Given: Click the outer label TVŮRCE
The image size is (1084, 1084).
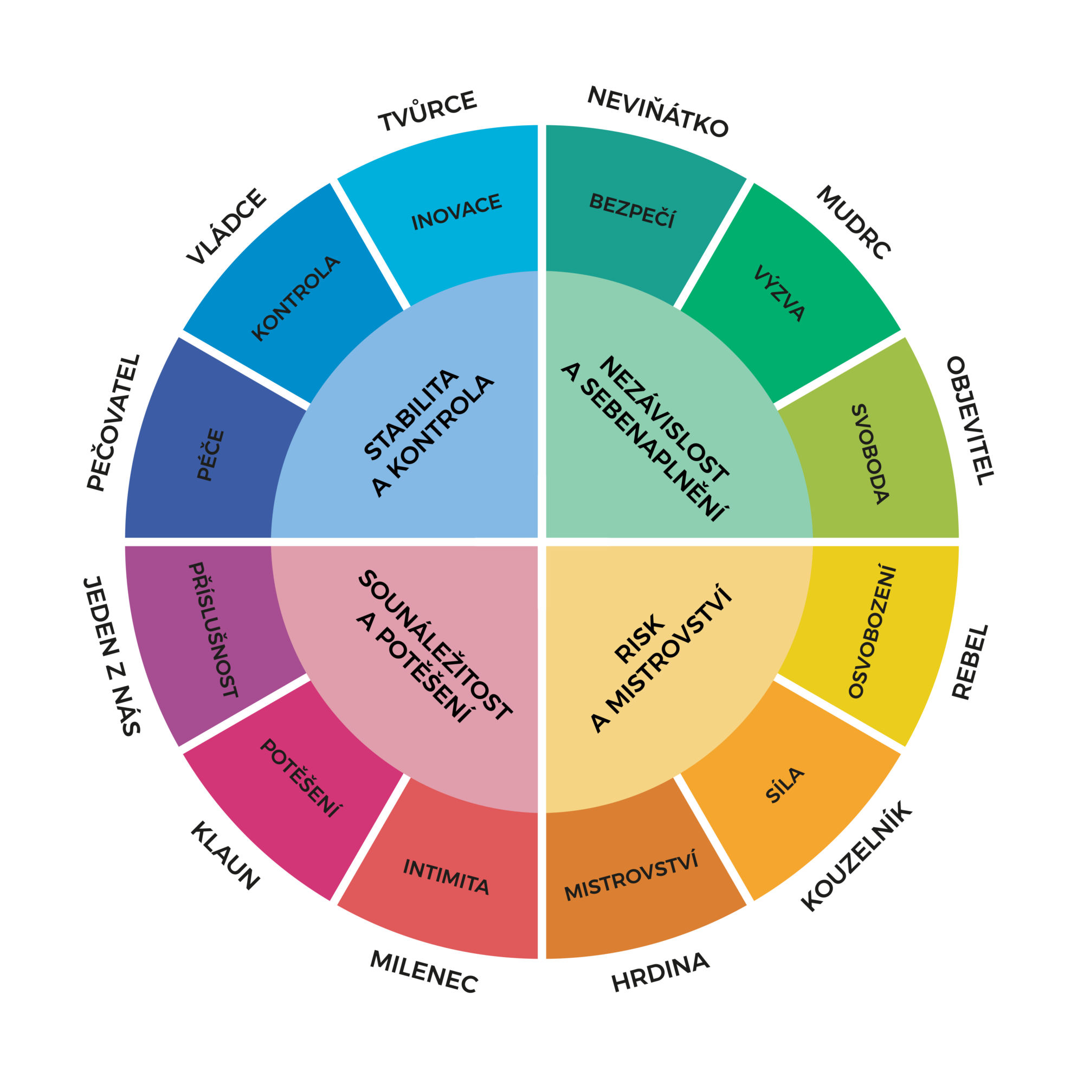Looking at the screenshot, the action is click(x=428, y=111).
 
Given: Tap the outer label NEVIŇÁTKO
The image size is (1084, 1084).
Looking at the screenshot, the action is click(x=657, y=112).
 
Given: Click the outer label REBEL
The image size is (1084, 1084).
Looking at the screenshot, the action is click(x=970, y=662).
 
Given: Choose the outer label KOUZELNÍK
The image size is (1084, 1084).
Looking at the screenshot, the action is click(x=857, y=857).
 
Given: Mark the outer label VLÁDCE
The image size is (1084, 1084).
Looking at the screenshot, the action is click(x=227, y=226).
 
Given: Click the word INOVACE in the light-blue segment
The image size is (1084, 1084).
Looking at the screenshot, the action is click(x=457, y=212).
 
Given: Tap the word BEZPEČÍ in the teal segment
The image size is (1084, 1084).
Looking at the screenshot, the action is click(x=633, y=210).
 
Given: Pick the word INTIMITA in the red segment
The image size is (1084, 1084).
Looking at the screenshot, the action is click(x=446, y=877).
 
